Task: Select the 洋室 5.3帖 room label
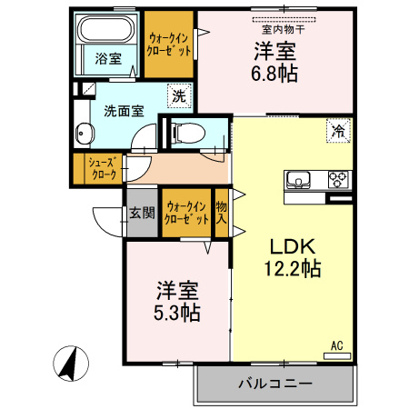[x=178, y=302]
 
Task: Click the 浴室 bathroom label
[x=108, y=59]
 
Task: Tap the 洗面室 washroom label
[x=124, y=112]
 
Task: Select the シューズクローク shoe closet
[x=101, y=169]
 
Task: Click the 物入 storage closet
[x=221, y=212]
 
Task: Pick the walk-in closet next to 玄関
[x=185, y=212]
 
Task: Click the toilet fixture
[x=187, y=132]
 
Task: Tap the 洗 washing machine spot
[x=180, y=93]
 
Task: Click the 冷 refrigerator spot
[x=336, y=131]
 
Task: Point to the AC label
[x=335, y=345]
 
